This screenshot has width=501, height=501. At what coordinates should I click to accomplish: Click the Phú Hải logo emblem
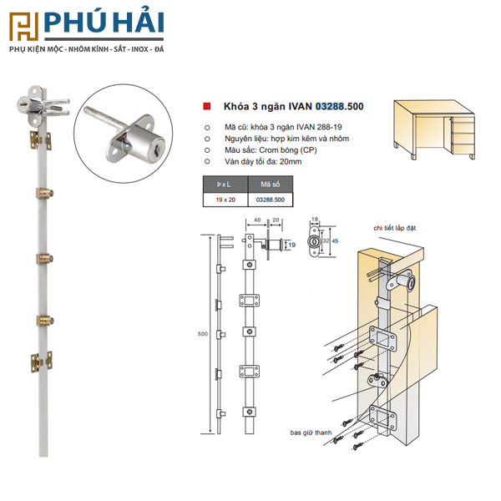24,27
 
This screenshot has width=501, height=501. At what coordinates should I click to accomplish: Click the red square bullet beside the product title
207,106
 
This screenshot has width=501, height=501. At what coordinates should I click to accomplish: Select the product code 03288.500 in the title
340,106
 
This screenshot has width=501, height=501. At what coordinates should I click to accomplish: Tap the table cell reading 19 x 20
225,200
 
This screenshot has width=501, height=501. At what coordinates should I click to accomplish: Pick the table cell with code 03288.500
271,200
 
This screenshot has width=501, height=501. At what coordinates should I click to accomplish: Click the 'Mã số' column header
271,185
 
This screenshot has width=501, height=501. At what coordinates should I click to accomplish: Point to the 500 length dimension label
203,334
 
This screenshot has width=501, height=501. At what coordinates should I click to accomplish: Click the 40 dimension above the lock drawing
257,220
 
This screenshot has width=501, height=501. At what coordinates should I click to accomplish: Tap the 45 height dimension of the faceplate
335,241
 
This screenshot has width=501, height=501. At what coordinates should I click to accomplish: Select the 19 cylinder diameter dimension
292,245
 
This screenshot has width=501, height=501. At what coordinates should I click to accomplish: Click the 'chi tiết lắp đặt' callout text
395,228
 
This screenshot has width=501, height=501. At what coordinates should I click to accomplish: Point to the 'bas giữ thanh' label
311,433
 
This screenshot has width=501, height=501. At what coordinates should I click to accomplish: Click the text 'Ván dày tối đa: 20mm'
263,162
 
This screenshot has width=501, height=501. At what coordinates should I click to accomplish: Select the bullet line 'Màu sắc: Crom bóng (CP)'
271,150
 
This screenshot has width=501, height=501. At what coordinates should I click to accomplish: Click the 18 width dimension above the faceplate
315,219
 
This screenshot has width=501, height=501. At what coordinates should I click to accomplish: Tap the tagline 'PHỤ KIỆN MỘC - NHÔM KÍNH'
59,49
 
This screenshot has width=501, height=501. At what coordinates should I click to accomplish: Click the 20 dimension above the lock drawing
276,220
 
